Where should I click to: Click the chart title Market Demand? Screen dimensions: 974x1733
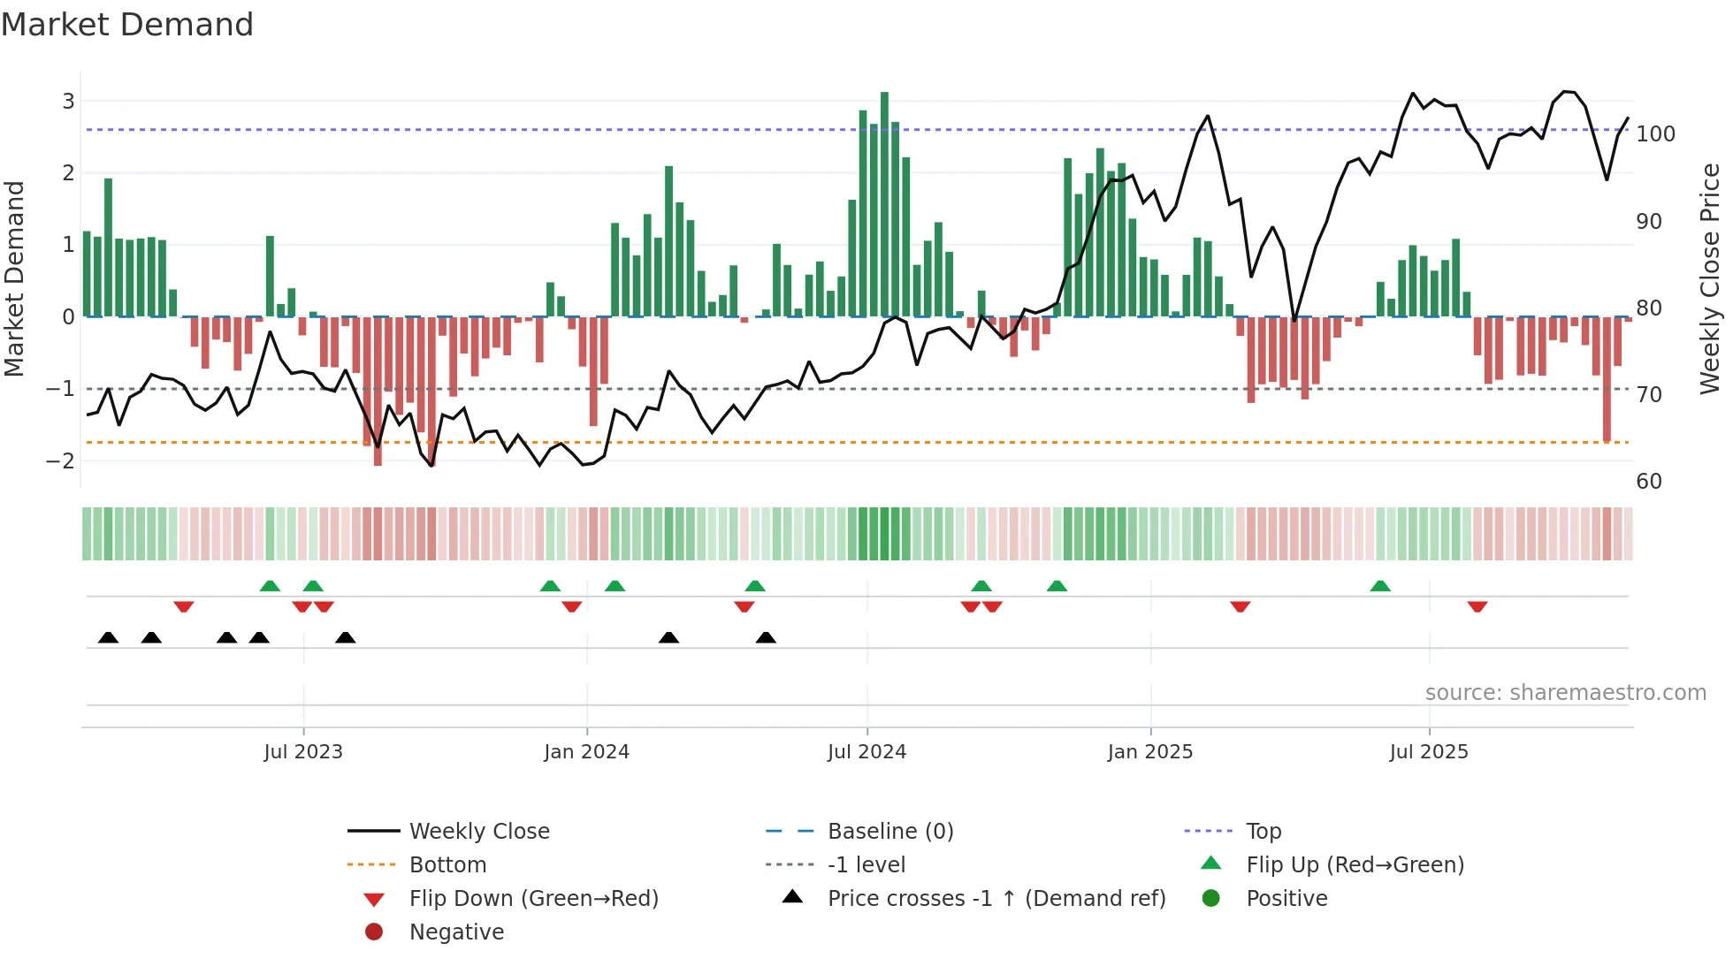tap(127, 25)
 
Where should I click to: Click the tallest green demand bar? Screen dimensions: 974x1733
tap(884, 203)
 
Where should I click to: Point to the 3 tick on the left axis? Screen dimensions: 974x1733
tap(68, 101)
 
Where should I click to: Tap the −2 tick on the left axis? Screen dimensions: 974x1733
tap(61, 460)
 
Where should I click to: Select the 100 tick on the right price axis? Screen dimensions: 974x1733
tap(1655, 134)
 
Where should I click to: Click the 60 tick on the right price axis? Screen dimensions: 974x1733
tap(1649, 482)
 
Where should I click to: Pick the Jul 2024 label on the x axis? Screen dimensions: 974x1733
tap(866, 752)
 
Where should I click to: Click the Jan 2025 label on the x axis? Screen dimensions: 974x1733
tap(1149, 752)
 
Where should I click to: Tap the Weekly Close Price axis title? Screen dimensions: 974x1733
tap(1710, 278)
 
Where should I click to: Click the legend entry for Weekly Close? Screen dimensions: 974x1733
tap(478, 832)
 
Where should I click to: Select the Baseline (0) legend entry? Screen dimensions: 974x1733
tap(889, 832)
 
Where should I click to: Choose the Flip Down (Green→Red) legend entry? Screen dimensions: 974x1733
tap(533, 899)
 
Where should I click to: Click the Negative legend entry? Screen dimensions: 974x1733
tap(456, 932)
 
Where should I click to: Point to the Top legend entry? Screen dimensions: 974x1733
tap(1263, 832)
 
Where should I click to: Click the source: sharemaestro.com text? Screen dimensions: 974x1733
tap(1565, 693)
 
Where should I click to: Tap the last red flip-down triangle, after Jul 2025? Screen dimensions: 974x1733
tap(1477, 606)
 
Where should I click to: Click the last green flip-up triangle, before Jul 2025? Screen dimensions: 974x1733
tap(1380, 586)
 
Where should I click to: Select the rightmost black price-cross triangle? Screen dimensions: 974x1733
tap(766, 638)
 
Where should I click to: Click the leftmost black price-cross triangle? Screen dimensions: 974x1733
tap(108, 638)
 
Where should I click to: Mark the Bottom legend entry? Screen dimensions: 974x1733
tap(447, 865)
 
